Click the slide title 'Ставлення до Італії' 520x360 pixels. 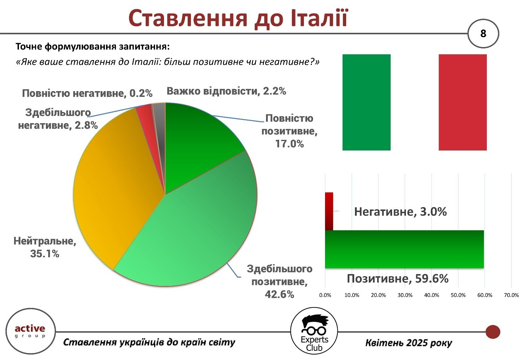coord(238,19)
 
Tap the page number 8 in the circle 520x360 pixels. coord(483,34)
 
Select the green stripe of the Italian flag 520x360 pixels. coord(366,102)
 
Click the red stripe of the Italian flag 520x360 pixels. coord(462,102)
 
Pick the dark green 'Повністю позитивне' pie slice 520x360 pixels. coord(197,144)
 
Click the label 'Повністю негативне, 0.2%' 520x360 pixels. coord(87,93)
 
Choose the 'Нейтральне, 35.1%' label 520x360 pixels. coord(45,247)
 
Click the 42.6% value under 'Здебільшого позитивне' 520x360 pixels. coord(279,294)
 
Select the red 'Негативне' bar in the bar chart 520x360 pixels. coord(329,211)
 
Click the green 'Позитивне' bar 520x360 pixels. coord(404,249)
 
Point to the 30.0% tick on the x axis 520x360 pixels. coord(405,295)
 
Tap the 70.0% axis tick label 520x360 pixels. coord(511,295)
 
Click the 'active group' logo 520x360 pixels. coord(30,331)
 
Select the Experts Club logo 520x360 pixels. coord(314,331)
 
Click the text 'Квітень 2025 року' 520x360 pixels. coord(408,343)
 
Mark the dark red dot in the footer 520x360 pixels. coord(493,332)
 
